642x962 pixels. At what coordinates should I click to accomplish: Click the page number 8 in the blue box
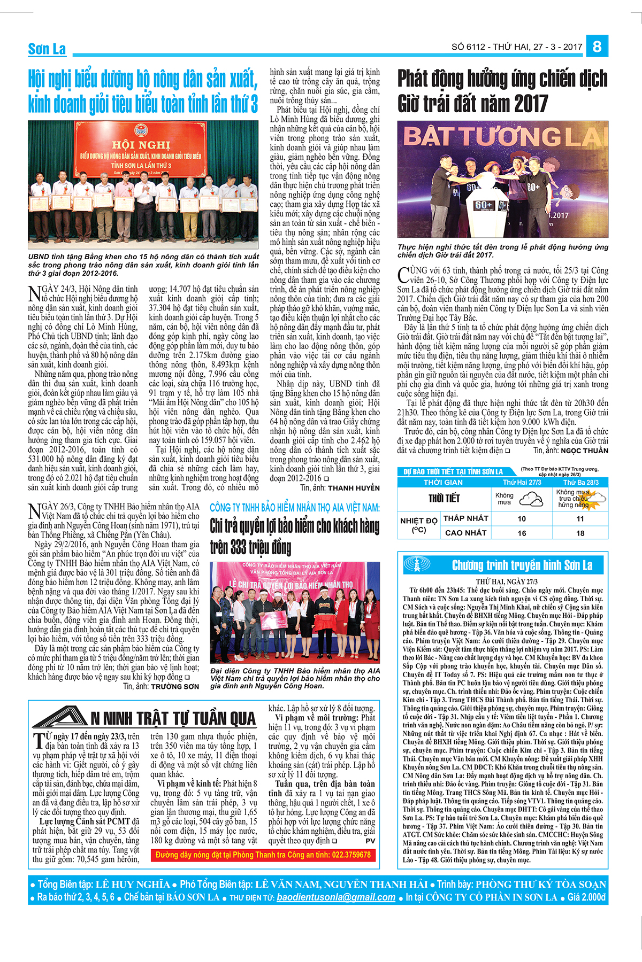597,46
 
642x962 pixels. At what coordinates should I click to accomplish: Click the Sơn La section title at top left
47,49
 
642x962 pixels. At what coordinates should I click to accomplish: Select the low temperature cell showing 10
522,518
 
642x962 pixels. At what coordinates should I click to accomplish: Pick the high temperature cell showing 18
580,533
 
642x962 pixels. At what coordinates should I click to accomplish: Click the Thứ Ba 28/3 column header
580,482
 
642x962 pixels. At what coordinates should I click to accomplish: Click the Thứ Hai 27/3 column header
522,482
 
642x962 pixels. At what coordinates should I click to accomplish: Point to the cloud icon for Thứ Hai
531,499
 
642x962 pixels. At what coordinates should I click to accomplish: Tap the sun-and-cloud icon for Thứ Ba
595,499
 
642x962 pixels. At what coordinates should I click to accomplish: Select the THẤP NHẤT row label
465,518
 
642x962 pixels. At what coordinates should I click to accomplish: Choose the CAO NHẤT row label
465,533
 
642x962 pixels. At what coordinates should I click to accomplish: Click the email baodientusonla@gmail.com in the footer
336,897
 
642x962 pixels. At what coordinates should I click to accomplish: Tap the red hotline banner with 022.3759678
263,855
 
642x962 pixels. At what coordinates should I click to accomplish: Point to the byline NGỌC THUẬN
584,451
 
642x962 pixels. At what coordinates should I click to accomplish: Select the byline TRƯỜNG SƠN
175,687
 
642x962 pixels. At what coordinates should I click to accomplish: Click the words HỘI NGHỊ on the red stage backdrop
141,145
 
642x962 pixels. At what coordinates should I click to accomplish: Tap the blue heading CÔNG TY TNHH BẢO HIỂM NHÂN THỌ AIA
294,508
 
